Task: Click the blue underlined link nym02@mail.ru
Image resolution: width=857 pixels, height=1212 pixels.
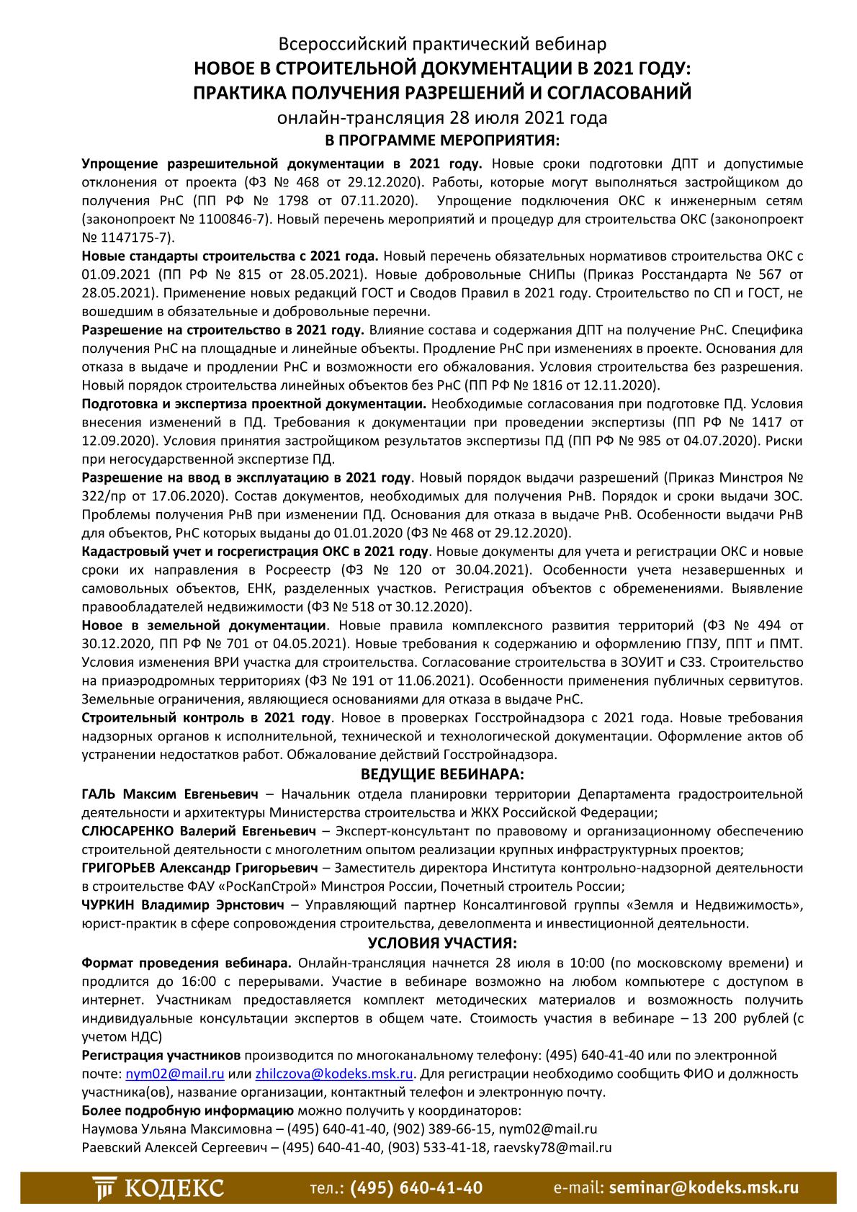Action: pyautogui.click(x=175, y=1074)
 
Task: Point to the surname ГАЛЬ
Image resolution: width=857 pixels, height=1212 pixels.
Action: pyautogui.click(x=99, y=794)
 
